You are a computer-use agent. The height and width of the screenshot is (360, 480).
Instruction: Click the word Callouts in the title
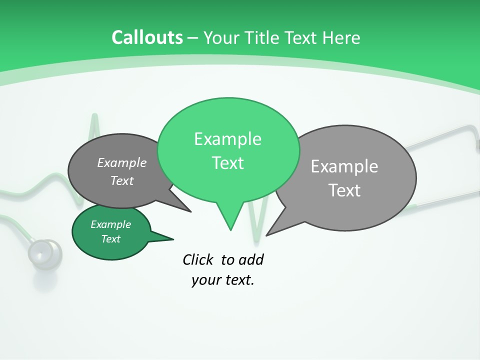coord(147,37)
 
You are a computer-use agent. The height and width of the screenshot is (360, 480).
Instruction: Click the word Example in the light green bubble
coord(227,139)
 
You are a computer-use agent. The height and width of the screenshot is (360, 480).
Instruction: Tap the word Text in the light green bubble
coord(227,163)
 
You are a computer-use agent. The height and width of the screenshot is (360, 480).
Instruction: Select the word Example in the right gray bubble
coord(344,166)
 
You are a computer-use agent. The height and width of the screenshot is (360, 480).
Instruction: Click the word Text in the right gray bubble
coord(344,190)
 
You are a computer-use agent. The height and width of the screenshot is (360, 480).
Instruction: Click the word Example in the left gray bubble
coord(121,163)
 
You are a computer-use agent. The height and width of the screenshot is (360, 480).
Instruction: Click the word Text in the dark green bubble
coord(110,239)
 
